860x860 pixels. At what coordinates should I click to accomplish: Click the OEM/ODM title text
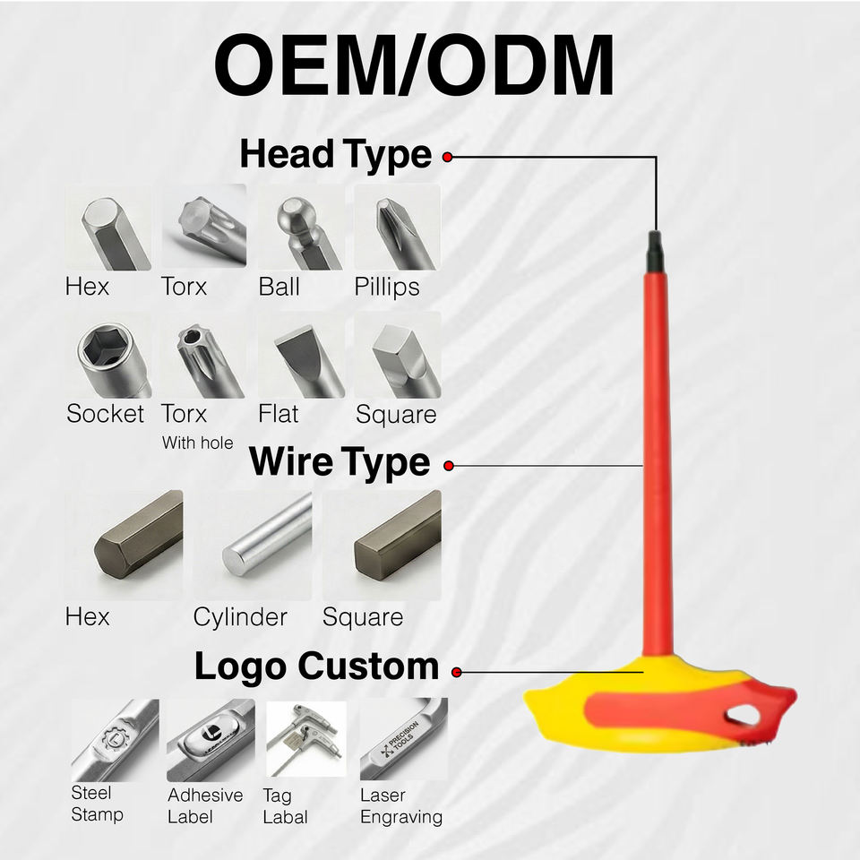pos(415,67)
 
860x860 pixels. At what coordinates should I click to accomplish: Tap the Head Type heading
pos(335,155)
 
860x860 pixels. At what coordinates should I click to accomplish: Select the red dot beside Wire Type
pos(449,466)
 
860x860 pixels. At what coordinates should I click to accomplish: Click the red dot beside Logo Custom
pos(457,671)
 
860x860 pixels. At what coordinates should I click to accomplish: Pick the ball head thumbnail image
pos(299,228)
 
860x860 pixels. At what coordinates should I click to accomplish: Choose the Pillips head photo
pos(397,228)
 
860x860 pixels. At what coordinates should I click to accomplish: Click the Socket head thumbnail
pos(107,356)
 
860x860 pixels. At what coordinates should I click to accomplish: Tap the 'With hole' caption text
pos(197,443)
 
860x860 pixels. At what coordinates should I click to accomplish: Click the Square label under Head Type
pos(395,415)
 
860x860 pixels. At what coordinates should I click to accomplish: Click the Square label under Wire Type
pos(362,617)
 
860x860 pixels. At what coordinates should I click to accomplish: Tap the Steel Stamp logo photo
pos(115,740)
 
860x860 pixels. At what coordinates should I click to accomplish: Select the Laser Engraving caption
pos(400,805)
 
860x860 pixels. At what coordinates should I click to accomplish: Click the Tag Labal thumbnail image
pos(305,740)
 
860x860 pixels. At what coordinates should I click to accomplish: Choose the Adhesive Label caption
pos(204,805)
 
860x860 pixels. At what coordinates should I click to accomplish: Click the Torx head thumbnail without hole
pos(203,228)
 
